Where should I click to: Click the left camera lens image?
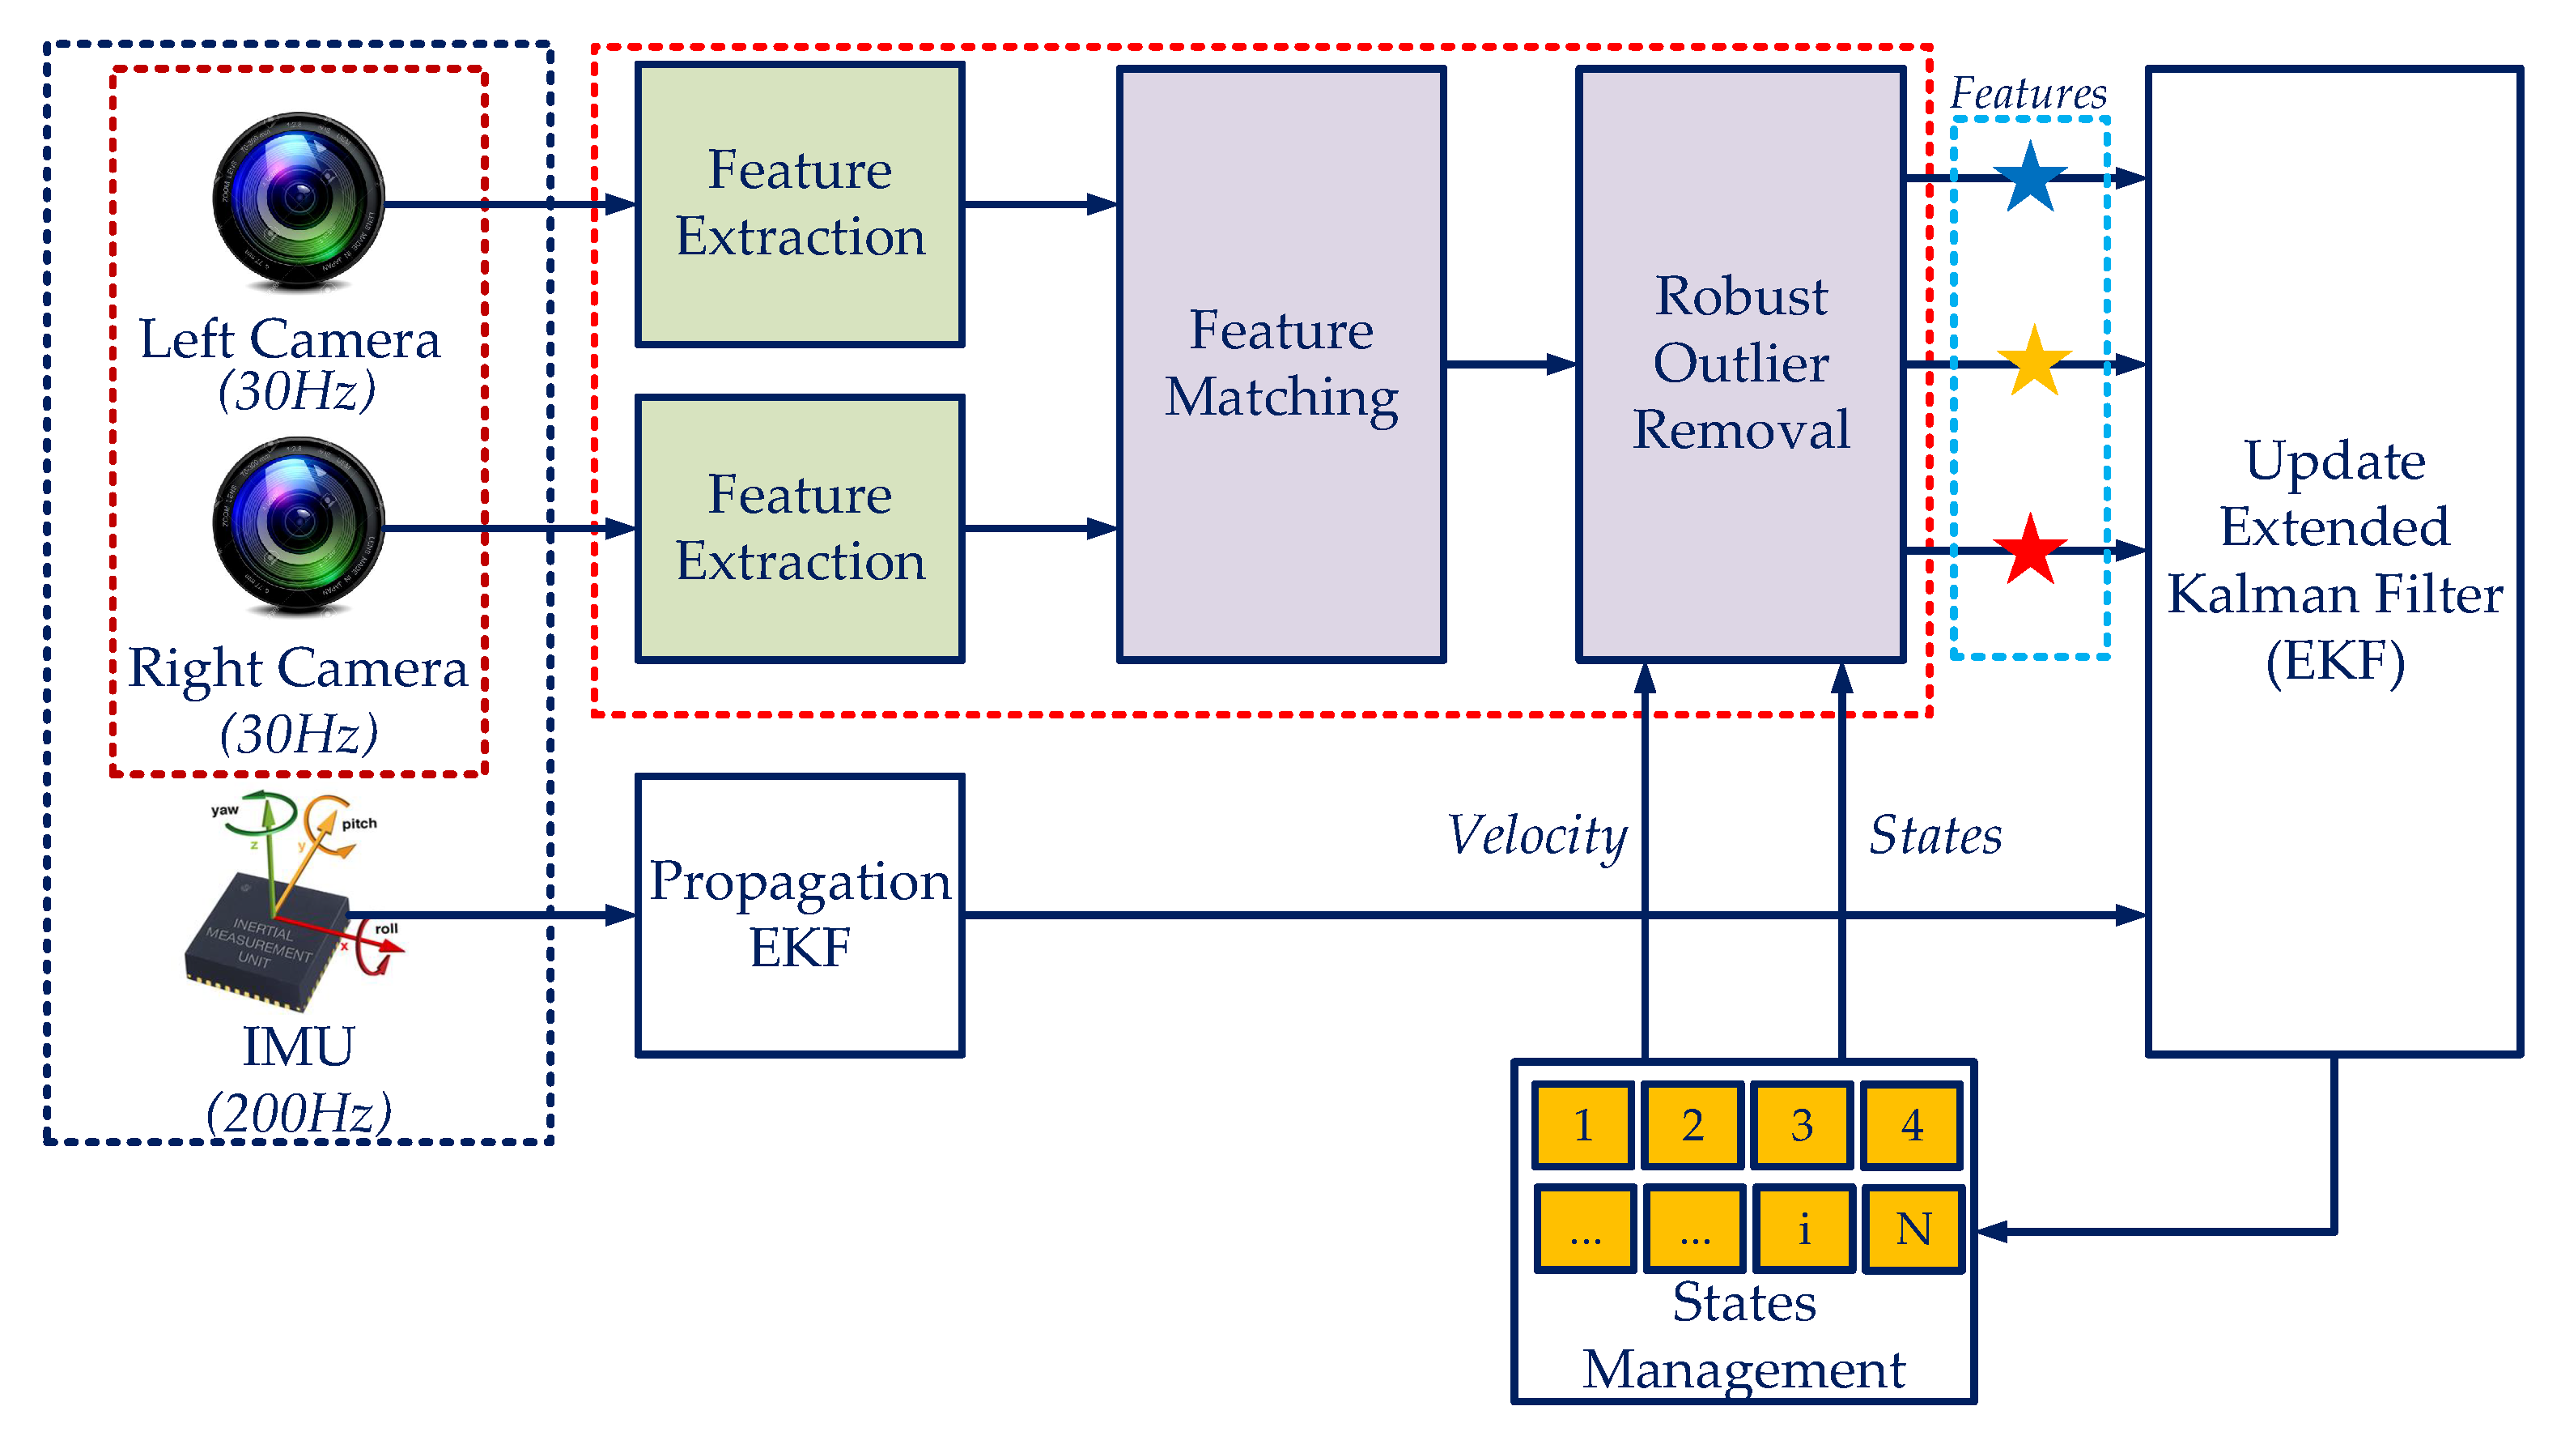tap(298, 199)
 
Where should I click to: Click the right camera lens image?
tap(298, 524)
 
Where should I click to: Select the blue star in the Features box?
tap(2029, 178)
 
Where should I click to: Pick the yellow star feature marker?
tap(2033, 362)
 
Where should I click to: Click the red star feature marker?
tap(2029, 550)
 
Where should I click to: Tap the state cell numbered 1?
tap(1582, 1125)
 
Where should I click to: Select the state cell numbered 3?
tap(1802, 1125)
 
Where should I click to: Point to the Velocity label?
tap(1537, 835)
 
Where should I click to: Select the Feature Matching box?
tap(1280, 363)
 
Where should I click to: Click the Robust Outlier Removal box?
tap(1739, 363)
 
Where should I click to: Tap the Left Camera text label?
tap(289, 339)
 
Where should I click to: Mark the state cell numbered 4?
tap(1912, 1125)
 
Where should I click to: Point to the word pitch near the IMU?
tap(359, 824)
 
